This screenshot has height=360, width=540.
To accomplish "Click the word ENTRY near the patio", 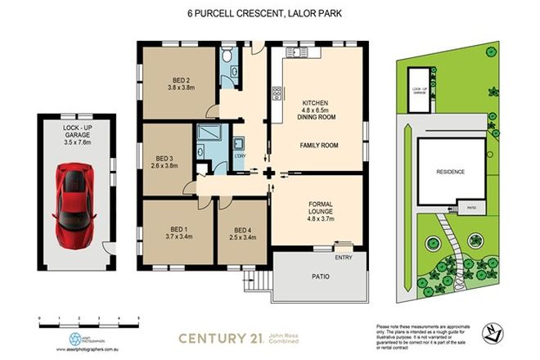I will [x=344, y=259].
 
